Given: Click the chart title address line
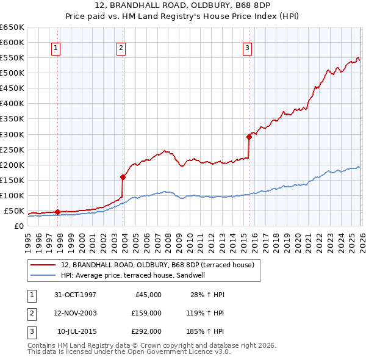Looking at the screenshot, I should pos(183,5).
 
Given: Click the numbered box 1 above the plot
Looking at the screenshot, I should pos(56,48).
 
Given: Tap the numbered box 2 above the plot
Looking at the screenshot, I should pos(121,48).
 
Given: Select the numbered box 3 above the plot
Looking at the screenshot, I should pos(247,48).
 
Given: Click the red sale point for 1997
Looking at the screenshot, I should pos(58,212).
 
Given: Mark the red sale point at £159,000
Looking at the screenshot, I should pos(123,177).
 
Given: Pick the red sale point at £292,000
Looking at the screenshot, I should pos(249,137).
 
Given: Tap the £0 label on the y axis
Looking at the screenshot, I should pos(18,226).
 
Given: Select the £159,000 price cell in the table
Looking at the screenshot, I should pos(146,313).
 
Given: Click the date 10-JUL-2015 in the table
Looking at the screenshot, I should pos(77,332).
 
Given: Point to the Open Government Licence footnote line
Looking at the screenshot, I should pos(129,352).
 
